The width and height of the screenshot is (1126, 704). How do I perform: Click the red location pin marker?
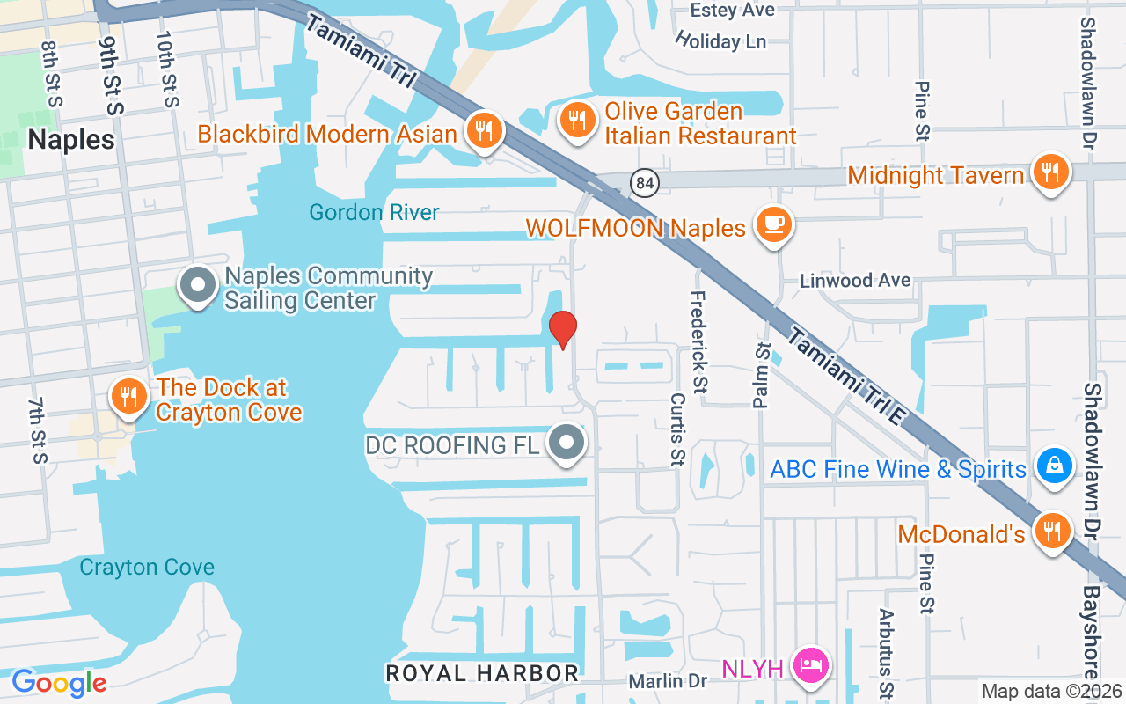pos(562,330)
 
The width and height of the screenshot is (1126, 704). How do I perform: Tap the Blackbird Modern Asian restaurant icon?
pos(483,130)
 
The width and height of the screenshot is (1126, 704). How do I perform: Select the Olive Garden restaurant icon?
pos(577,120)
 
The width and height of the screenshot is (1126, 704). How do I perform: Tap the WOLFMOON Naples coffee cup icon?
pos(774,224)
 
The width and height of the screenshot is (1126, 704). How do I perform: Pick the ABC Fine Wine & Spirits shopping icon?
pos(1053,466)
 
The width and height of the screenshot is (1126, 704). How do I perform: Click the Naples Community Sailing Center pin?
pos(198,286)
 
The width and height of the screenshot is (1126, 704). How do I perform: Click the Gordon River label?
pos(374,212)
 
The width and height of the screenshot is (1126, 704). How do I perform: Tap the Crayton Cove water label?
pos(147,568)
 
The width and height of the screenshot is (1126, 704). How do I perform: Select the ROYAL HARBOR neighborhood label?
pos(482,673)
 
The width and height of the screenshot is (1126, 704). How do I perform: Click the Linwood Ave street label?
pos(855,281)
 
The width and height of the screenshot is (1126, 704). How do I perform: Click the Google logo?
pos(59,682)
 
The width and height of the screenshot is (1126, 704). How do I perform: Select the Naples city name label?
pos(71,140)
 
